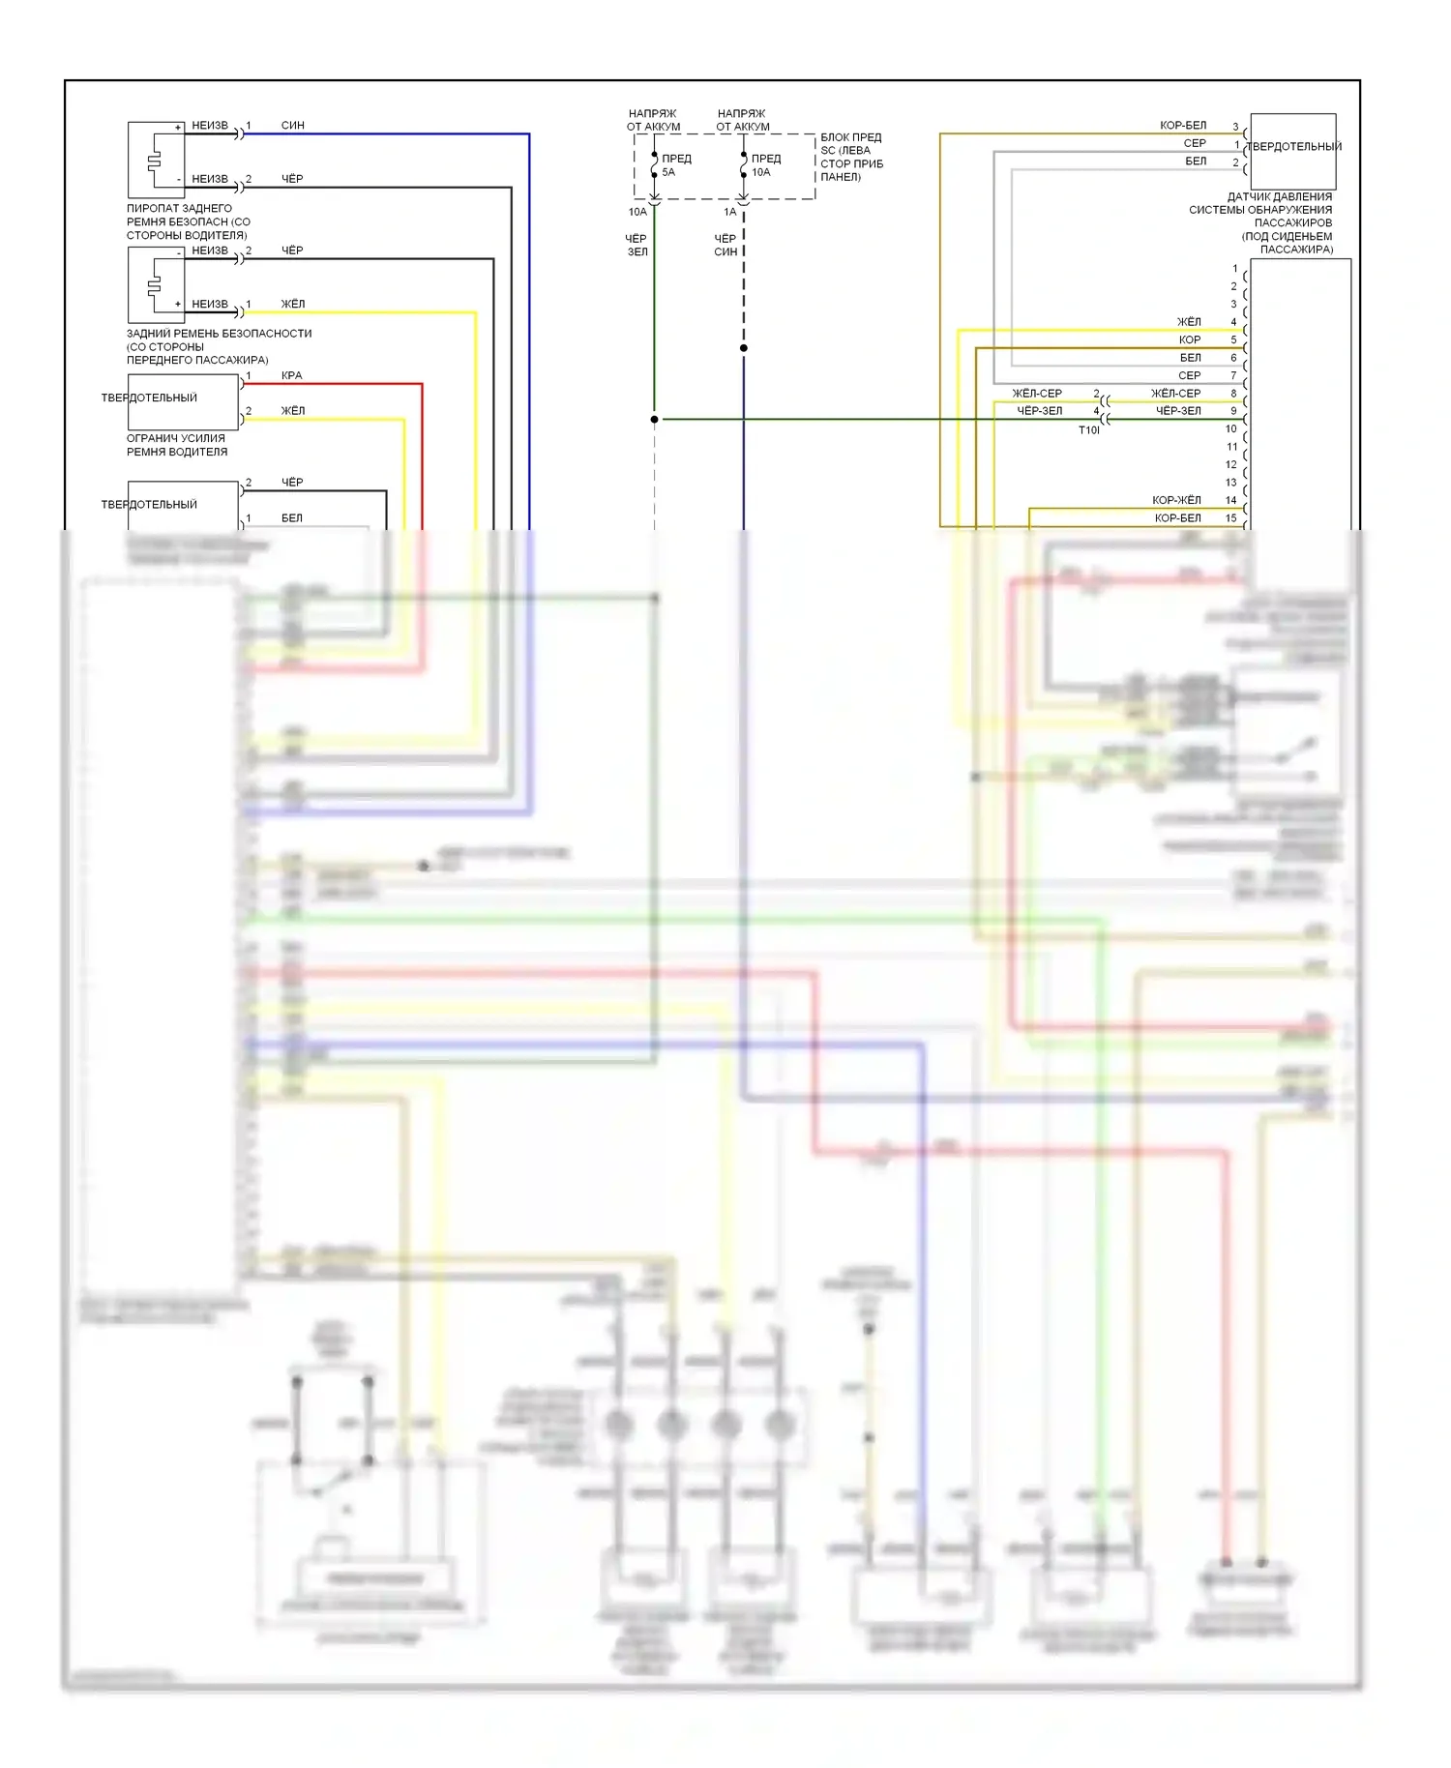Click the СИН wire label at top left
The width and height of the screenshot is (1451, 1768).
[292, 126]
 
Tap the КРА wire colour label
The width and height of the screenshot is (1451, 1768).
[291, 375]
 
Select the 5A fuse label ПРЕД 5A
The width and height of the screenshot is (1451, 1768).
[674, 164]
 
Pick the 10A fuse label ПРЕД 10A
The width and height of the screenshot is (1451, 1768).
[764, 164]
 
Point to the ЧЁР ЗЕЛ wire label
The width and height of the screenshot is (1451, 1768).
[637, 245]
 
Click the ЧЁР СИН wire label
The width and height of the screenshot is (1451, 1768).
[725, 245]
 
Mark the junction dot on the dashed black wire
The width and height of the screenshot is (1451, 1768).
[743, 348]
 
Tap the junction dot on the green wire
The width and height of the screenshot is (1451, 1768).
[655, 420]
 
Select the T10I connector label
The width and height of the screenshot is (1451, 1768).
[1088, 430]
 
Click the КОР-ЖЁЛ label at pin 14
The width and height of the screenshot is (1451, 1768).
[1176, 500]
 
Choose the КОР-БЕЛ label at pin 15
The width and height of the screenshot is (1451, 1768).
[1177, 518]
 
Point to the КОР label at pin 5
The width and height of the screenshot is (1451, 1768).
[1189, 340]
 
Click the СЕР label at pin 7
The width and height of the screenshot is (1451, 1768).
[1189, 375]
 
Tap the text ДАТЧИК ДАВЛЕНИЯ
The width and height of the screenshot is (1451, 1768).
[1279, 197]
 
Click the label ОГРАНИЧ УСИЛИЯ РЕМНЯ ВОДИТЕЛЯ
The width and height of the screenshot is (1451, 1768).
[177, 445]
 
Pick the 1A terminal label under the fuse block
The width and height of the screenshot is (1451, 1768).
[729, 212]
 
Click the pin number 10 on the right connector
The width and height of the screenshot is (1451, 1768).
[1230, 428]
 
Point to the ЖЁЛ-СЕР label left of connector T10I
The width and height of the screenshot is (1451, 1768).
[1036, 394]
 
